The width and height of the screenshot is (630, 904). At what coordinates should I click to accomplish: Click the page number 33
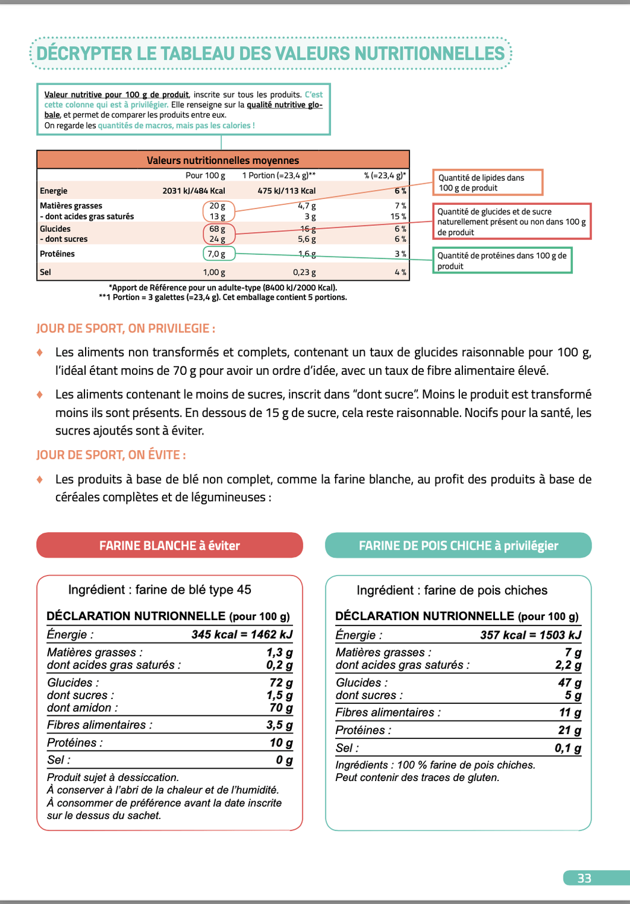tap(584, 878)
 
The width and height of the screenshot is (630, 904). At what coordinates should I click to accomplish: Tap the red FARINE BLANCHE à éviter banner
tap(169, 545)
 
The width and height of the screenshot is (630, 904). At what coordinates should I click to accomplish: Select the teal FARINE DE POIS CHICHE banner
tap(458, 545)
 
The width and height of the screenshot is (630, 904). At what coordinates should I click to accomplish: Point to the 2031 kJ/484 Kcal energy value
tap(194, 190)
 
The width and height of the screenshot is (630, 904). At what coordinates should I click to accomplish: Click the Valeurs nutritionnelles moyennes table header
tap(222, 160)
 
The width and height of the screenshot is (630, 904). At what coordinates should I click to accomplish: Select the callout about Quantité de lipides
tap(487, 183)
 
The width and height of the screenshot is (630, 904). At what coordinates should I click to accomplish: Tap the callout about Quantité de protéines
tap(502, 260)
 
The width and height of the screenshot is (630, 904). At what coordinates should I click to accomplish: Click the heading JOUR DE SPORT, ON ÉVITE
tap(111, 455)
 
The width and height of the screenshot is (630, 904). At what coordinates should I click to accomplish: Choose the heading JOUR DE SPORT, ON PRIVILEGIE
tap(125, 328)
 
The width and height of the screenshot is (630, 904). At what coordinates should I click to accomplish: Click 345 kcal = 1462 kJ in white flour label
tap(242, 635)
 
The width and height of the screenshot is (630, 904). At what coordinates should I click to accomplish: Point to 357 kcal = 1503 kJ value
tap(531, 635)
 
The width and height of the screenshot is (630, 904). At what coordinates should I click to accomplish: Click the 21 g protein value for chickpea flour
tap(570, 730)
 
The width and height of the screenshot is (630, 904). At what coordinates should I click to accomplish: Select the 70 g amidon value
tap(281, 708)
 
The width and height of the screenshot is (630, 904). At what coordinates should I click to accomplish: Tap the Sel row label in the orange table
tap(46, 272)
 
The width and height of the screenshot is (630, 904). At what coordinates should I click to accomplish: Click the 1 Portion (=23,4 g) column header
tap(279, 175)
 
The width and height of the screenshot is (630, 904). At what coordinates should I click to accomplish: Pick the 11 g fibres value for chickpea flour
tap(570, 712)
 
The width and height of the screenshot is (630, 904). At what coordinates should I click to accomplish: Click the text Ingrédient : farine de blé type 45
tap(160, 589)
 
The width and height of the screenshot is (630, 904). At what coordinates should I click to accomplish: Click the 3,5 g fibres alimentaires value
tap(280, 725)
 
